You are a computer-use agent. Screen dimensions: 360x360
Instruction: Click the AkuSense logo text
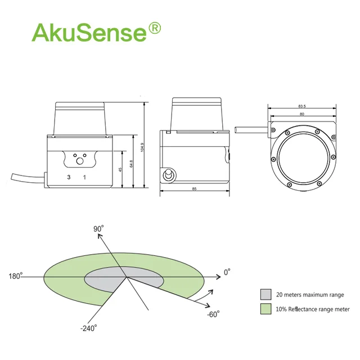coord(89,32)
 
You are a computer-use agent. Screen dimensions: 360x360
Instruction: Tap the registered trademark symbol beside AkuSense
coord(155,28)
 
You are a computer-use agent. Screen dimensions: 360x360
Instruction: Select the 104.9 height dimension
coord(142,147)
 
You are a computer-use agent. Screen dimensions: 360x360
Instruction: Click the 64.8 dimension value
coord(131,164)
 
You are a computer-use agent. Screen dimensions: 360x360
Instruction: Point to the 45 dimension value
coord(120,170)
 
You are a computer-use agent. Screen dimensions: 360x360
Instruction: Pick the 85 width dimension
coord(194,189)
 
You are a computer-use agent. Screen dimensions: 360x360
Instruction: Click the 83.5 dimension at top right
coord(302,106)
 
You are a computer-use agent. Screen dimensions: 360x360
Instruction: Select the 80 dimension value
coord(302,114)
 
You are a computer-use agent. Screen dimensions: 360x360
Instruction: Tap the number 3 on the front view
coord(69,177)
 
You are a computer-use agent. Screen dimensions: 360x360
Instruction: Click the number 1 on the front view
coord(84,177)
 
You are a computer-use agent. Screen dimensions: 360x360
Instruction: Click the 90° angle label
coord(98,229)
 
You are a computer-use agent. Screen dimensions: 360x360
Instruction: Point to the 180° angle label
coord(16,276)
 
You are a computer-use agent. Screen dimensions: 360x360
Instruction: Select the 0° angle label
coord(227,272)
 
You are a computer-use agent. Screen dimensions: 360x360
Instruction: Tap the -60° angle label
coord(213,314)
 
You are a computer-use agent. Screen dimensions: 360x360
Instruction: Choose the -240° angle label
coord(89,328)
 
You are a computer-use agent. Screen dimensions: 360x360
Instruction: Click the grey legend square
coord(266,294)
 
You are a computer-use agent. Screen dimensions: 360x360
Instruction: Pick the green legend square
coord(266,309)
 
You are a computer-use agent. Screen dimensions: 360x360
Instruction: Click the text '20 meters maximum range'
coord(310,295)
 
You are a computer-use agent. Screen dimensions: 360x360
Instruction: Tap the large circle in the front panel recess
coord(80,161)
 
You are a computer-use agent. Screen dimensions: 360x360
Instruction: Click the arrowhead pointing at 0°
coord(218,277)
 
